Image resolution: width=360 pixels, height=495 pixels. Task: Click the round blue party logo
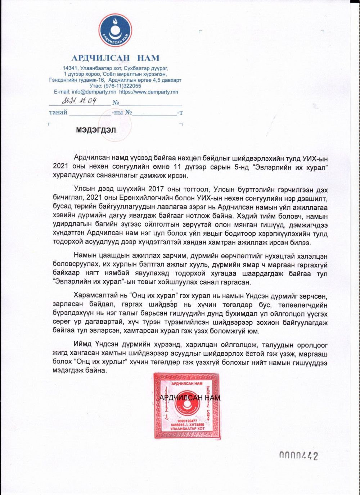(x=115, y=31)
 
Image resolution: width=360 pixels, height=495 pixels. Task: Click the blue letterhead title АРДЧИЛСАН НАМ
(x=115, y=58)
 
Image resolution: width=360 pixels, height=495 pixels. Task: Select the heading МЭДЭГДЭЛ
(x=96, y=130)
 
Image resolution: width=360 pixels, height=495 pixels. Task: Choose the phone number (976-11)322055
(x=122, y=86)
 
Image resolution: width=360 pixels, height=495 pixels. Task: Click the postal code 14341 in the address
(x=69, y=68)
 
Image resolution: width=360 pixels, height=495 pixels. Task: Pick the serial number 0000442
(x=298, y=456)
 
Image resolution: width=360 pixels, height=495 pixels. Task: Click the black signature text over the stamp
(x=189, y=398)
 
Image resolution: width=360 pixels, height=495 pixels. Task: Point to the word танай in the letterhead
(x=58, y=113)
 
